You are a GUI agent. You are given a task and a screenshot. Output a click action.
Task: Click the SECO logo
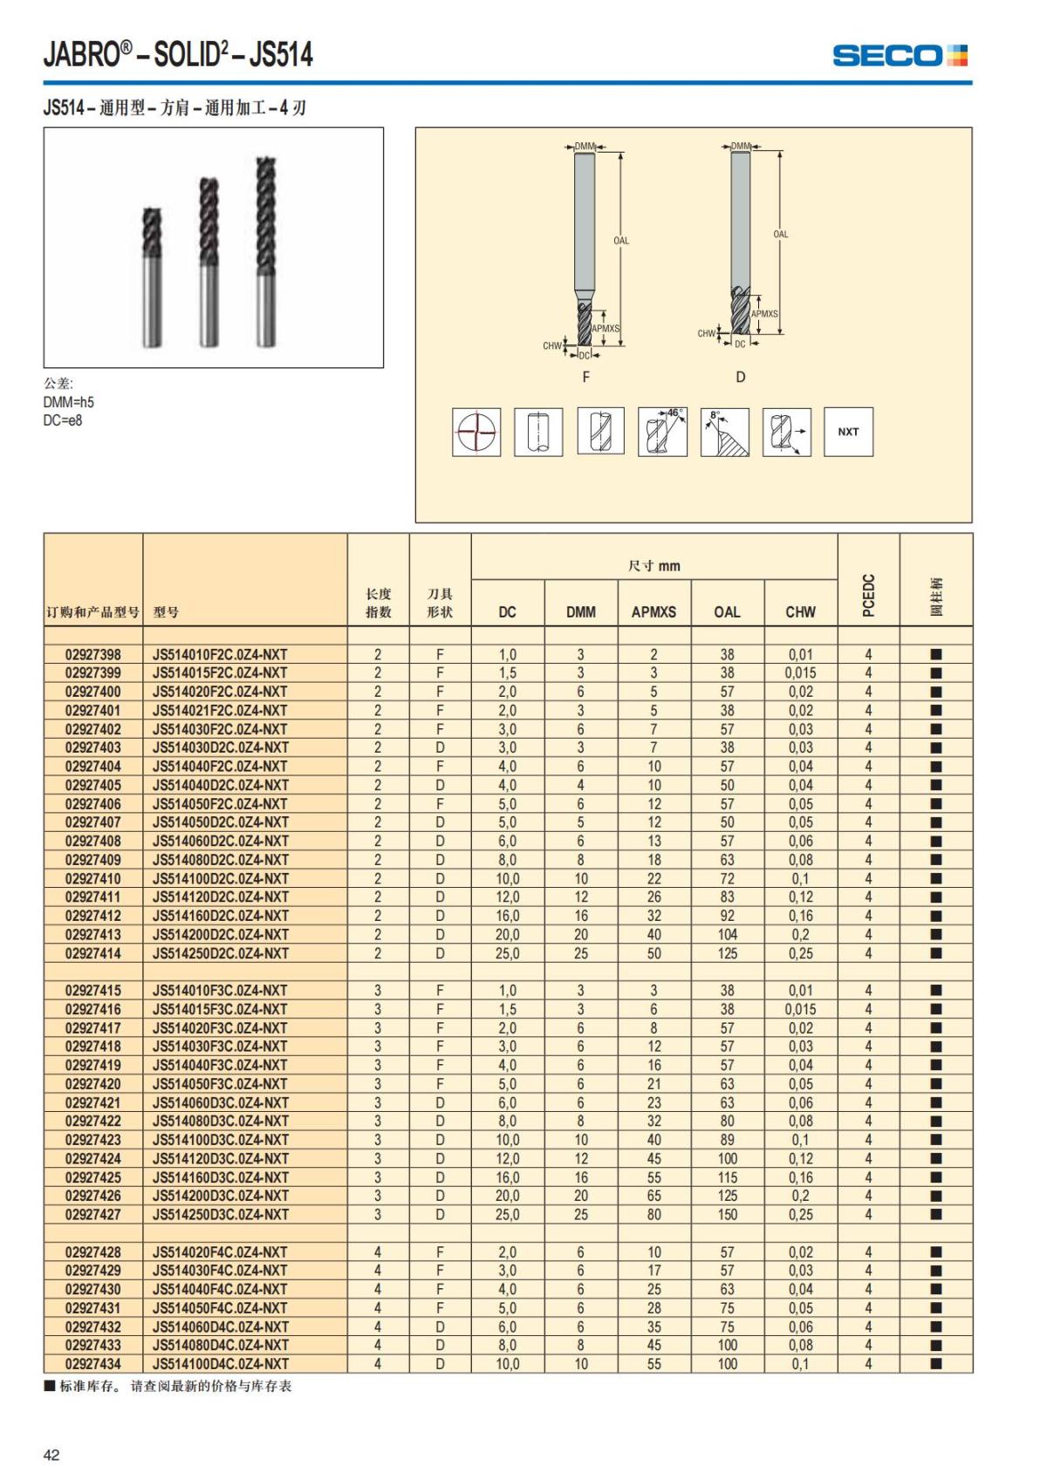[x=900, y=56]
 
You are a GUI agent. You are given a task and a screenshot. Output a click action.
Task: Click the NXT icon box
[x=848, y=432]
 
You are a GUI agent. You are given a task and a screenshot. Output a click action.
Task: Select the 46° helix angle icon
[x=662, y=432]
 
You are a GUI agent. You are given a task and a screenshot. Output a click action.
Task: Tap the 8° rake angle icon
[x=724, y=432]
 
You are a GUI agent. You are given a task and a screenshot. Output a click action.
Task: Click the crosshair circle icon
[x=476, y=432]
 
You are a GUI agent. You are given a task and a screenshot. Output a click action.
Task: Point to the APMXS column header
[x=654, y=612]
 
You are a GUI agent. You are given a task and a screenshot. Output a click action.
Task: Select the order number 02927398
[x=93, y=655]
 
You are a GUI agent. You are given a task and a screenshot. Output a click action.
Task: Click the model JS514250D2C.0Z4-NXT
[x=220, y=953]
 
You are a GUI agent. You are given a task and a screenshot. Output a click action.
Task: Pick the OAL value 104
[x=727, y=935]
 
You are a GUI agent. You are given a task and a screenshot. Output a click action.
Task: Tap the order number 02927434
[x=93, y=1364]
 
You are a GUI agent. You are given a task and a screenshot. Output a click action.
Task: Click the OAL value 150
[x=727, y=1215]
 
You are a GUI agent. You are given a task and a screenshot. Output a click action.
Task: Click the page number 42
[x=51, y=1455]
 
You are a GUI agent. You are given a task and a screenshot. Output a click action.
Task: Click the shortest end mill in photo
[x=153, y=277]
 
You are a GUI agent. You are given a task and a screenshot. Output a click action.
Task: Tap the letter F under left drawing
[x=585, y=377]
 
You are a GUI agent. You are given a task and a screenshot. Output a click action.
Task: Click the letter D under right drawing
[x=741, y=377]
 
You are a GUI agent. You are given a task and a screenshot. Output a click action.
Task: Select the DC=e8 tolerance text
[x=63, y=420]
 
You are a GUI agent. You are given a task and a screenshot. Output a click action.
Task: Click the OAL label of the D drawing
[x=780, y=234]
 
